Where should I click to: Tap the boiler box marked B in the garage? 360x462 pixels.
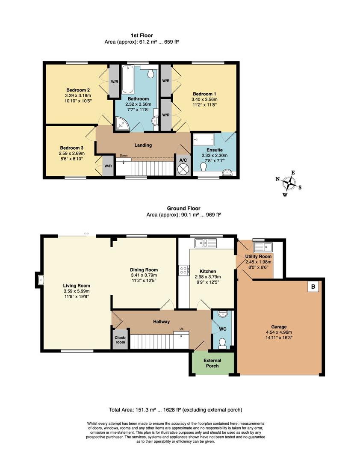coord(313,287)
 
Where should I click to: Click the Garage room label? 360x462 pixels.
coord(279,326)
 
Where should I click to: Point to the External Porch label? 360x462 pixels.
coord(212,363)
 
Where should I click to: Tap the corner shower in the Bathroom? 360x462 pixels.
coord(122,124)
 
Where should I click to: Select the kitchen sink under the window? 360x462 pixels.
coord(205,243)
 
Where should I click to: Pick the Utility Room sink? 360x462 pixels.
coord(263,247)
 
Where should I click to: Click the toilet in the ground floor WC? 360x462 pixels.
coord(222,343)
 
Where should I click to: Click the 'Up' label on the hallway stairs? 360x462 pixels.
coord(181,329)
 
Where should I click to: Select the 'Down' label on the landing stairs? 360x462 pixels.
coord(124,156)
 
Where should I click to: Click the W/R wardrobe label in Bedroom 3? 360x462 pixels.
coord(109,166)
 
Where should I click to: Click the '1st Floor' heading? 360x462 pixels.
coord(142,36)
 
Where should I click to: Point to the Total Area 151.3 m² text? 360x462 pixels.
coord(175,410)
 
